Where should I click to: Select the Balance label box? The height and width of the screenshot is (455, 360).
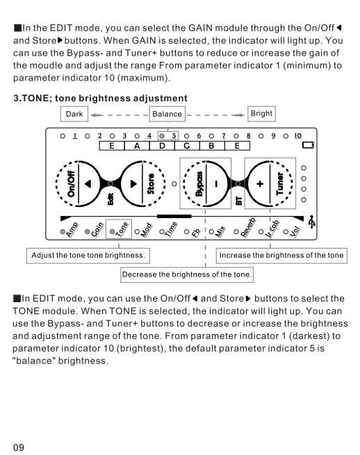(167, 114)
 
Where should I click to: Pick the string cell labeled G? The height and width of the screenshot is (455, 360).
(186, 146)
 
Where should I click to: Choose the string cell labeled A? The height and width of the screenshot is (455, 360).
(137, 146)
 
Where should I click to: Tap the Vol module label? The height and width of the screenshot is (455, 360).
(295, 230)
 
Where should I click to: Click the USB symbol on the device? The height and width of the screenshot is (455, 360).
(312, 222)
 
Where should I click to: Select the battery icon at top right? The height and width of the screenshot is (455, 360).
(309, 145)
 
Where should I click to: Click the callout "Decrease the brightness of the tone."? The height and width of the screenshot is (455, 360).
(187, 275)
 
